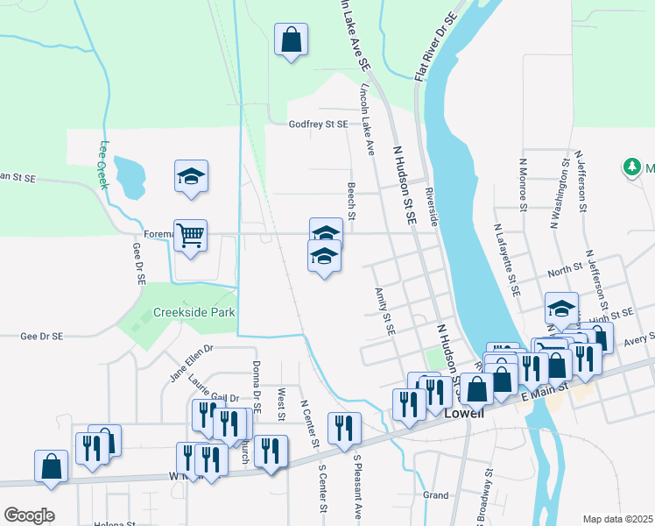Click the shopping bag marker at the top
[x=291, y=39]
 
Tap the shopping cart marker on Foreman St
[x=190, y=234]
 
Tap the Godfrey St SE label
[x=319, y=124]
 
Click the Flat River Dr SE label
[x=436, y=49]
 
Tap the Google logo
[x=29, y=515]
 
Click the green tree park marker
[x=630, y=167]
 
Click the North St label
[x=566, y=269]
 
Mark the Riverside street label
[x=430, y=207]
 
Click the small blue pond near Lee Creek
[x=130, y=175]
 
